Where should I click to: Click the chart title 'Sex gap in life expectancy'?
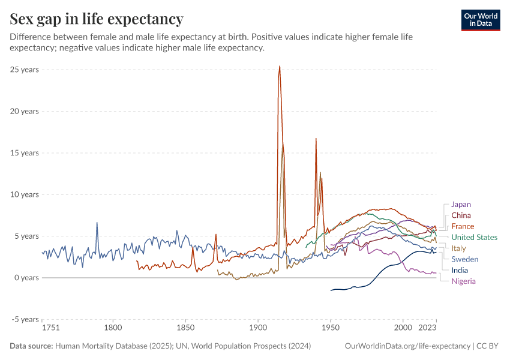pyautogui.click(x=97, y=19)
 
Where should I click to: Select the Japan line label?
pyautogui.click(x=461, y=205)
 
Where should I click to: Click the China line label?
pyautogui.click(x=461, y=215)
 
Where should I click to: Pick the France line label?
pyautogui.click(x=463, y=226)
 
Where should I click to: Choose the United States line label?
pyautogui.click(x=474, y=237)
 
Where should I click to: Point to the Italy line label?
pyautogui.click(x=458, y=248)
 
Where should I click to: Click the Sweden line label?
pyautogui.click(x=464, y=259)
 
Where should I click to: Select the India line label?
pyautogui.click(x=460, y=271)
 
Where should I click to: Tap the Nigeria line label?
pyautogui.click(x=464, y=281)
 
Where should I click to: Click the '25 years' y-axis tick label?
pyautogui.click(x=25, y=70)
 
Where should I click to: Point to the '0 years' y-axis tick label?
pyautogui.click(x=26, y=278)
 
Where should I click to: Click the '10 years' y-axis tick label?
pyautogui.click(x=25, y=194)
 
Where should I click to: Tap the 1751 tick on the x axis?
pyautogui.click(x=50, y=328)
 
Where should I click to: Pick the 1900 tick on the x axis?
pyautogui.click(x=258, y=328)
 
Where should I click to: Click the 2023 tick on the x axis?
pyautogui.click(x=427, y=328)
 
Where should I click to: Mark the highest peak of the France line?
pyautogui.click(x=280, y=66)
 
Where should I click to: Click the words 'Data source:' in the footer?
pyautogui.click(x=31, y=346)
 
